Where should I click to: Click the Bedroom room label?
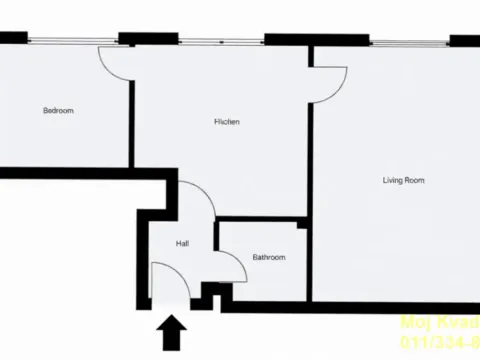(58, 110)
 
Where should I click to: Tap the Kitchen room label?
(227, 122)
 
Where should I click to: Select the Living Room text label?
(404, 181)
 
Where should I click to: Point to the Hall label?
(182, 244)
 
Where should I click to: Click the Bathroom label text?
(268, 257)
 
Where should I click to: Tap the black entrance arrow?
(172, 331)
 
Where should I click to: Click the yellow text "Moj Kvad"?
(440, 322)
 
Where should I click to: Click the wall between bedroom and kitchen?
(132, 110)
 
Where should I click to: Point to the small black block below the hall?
(210, 294)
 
